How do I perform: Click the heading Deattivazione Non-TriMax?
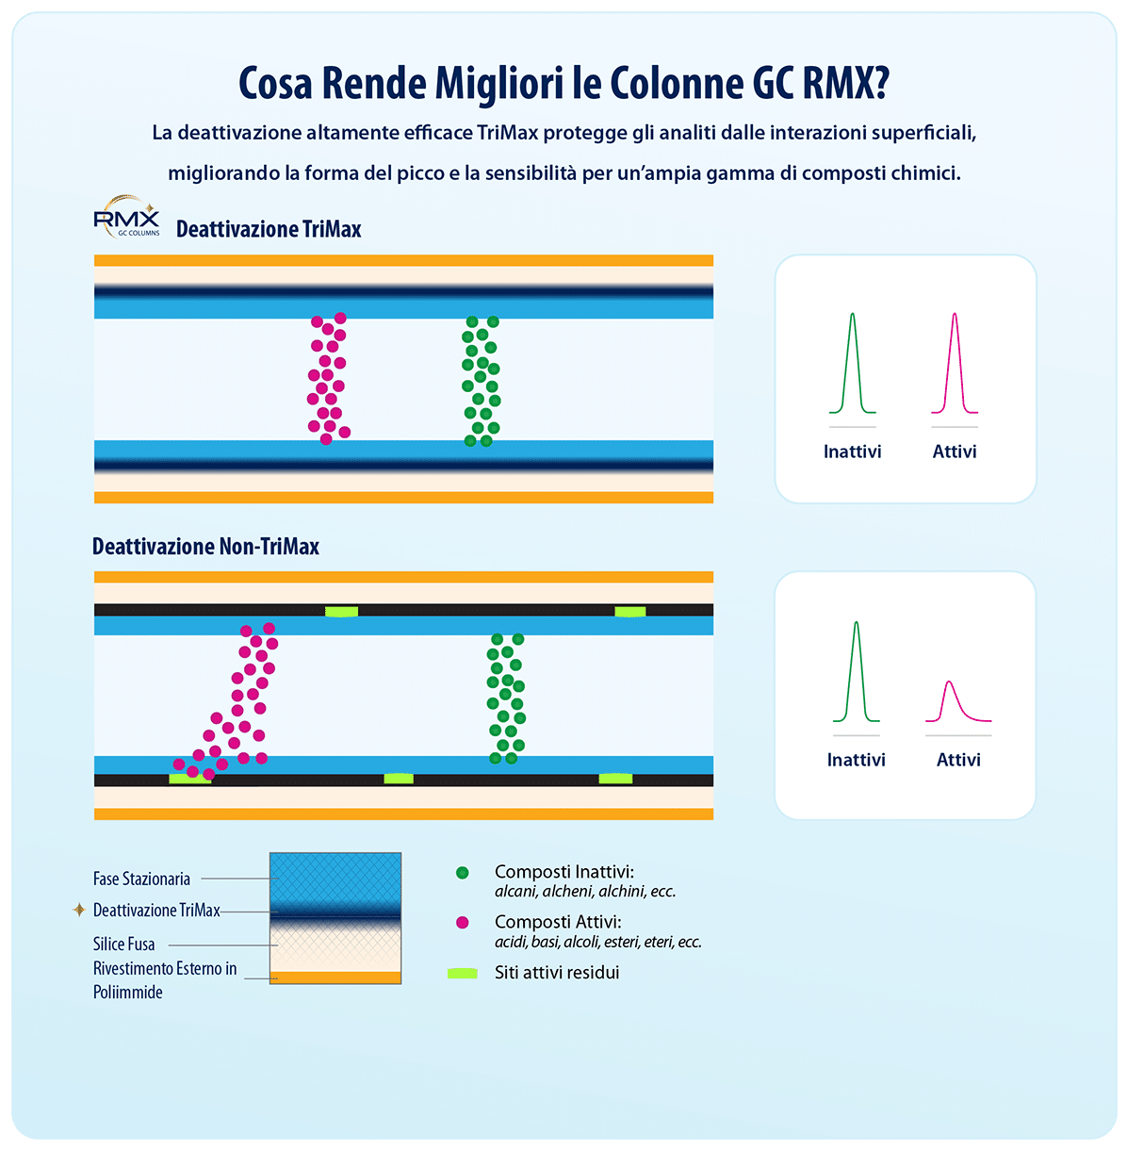(205, 547)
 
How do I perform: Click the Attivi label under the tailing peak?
(958, 760)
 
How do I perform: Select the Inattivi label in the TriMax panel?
(852, 452)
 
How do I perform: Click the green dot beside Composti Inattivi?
(462, 873)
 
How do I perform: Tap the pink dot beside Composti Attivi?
(462, 923)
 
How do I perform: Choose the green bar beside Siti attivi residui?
(462, 973)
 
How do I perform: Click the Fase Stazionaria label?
(141, 879)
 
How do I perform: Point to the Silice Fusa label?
(123, 944)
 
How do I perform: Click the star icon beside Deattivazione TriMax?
(79, 911)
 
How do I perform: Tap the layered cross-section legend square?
(335, 918)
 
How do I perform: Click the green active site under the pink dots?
(188, 779)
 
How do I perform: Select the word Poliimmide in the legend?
(128, 992)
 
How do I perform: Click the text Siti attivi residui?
(557, 973)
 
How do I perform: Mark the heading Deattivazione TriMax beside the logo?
(269, 229)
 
